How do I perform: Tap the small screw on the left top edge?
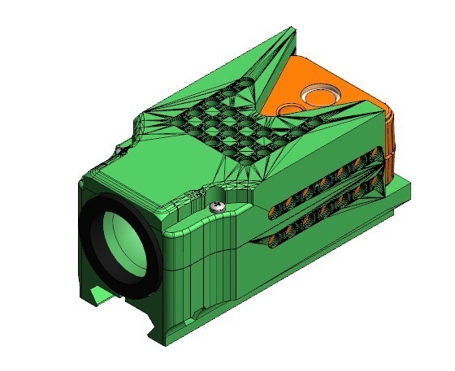[119, 151]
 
